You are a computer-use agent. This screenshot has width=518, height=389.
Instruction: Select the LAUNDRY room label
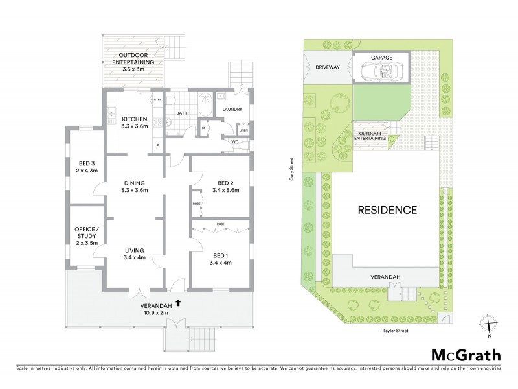point(231,110)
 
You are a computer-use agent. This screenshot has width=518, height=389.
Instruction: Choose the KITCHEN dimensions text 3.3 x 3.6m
point(135,126)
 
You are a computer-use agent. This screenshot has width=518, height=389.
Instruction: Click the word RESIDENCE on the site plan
point(387,210)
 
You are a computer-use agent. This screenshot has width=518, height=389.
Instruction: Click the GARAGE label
point(381,57)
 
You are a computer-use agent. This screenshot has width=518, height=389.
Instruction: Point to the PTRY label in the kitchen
point(157,99)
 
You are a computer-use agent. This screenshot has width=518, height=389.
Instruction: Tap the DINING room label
point(135,183)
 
